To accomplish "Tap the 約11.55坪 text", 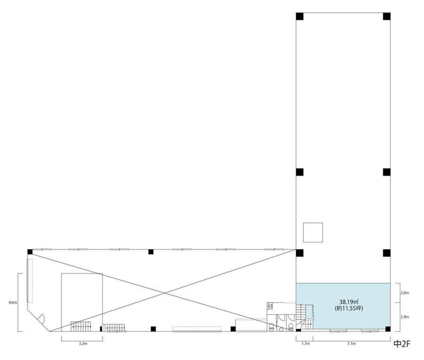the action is [349, 308].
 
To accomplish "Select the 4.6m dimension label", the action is [13, 303].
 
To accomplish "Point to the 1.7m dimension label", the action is [306, 344].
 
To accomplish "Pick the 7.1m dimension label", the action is [351, 344].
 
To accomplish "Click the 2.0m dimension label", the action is [405, 293].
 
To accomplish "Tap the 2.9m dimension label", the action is [405, 317].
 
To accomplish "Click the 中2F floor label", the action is [402, 344].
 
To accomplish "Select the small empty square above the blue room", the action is [313, 232].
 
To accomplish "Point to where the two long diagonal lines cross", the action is [164, 293].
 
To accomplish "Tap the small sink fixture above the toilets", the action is [269, 306].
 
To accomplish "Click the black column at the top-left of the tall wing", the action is [300, 16].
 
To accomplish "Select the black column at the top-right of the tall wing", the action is [387, 16].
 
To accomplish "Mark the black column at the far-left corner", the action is [30, 252].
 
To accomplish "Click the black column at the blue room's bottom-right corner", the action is [388, 329].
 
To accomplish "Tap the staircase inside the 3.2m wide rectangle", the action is [81, 326].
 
